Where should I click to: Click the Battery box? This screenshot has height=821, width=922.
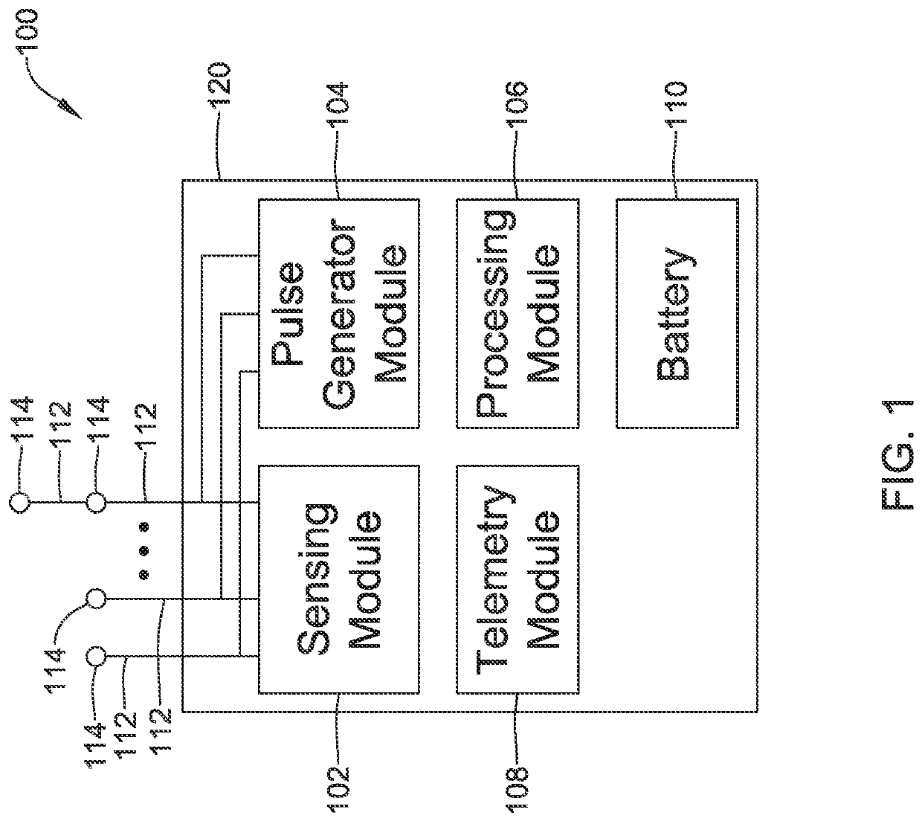pos(677,313)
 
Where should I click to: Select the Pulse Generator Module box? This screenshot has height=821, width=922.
pos(338,313)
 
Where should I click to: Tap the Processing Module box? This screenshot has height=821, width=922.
pos(518,313)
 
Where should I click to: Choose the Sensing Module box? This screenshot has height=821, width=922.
pos(338,579)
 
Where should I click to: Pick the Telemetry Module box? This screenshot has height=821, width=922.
pos(518,579)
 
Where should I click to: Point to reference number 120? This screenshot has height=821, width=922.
pos(219,84)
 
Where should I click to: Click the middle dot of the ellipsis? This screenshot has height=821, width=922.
pos(144,551)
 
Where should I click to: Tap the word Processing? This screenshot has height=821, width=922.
pos(495,313)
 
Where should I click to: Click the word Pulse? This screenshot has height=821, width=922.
pos(287,313)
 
